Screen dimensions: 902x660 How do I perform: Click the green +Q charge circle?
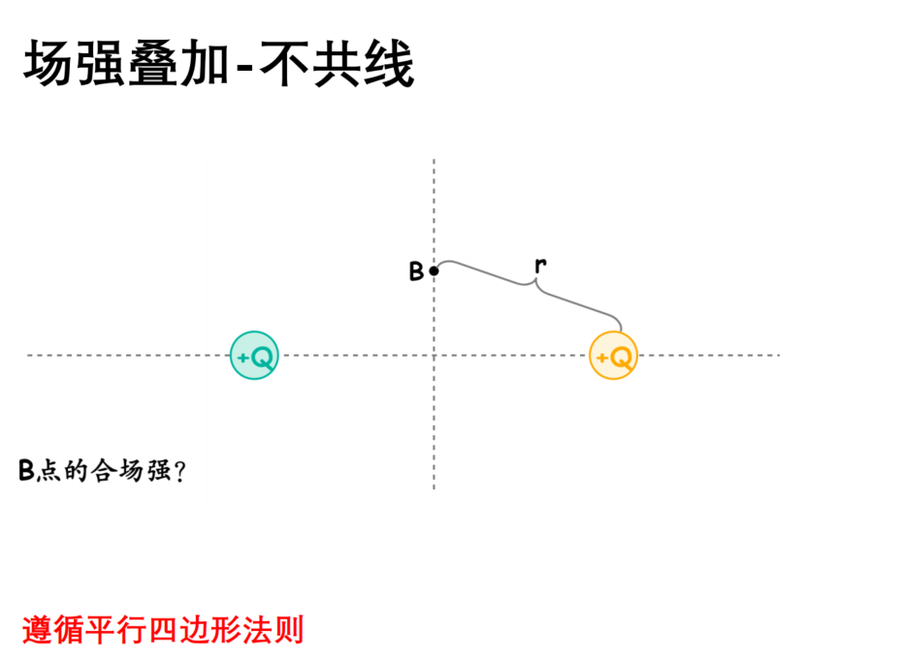click(x=254, y=356)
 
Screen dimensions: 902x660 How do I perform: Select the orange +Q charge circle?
click(x=613, y=356)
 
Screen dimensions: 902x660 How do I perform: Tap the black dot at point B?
click(x=434, y=270)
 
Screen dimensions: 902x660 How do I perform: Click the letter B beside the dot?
click(x=416, y=271)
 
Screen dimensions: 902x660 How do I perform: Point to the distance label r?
click(x=540, y=265)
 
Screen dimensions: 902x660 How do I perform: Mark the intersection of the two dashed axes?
click(x=434, y=356)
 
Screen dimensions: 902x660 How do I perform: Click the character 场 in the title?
click(x=48, y=63)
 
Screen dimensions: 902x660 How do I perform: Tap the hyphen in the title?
click(x=244, y=68)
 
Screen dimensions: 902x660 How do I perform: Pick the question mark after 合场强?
click(x=179, y=471)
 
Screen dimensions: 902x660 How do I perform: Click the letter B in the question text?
click(x=26, y=470)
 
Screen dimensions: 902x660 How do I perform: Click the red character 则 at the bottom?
click(x=288, y=630)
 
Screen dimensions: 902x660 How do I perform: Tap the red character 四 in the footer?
click(x=163, y=630)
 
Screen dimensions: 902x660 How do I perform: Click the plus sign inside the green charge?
click(x=242, y=358)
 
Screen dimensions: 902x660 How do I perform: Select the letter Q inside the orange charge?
click(x=622, y=358)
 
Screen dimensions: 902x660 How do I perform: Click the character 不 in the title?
click(x=286, y=63)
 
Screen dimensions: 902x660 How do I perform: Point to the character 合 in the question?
click(x=104, y=470)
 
